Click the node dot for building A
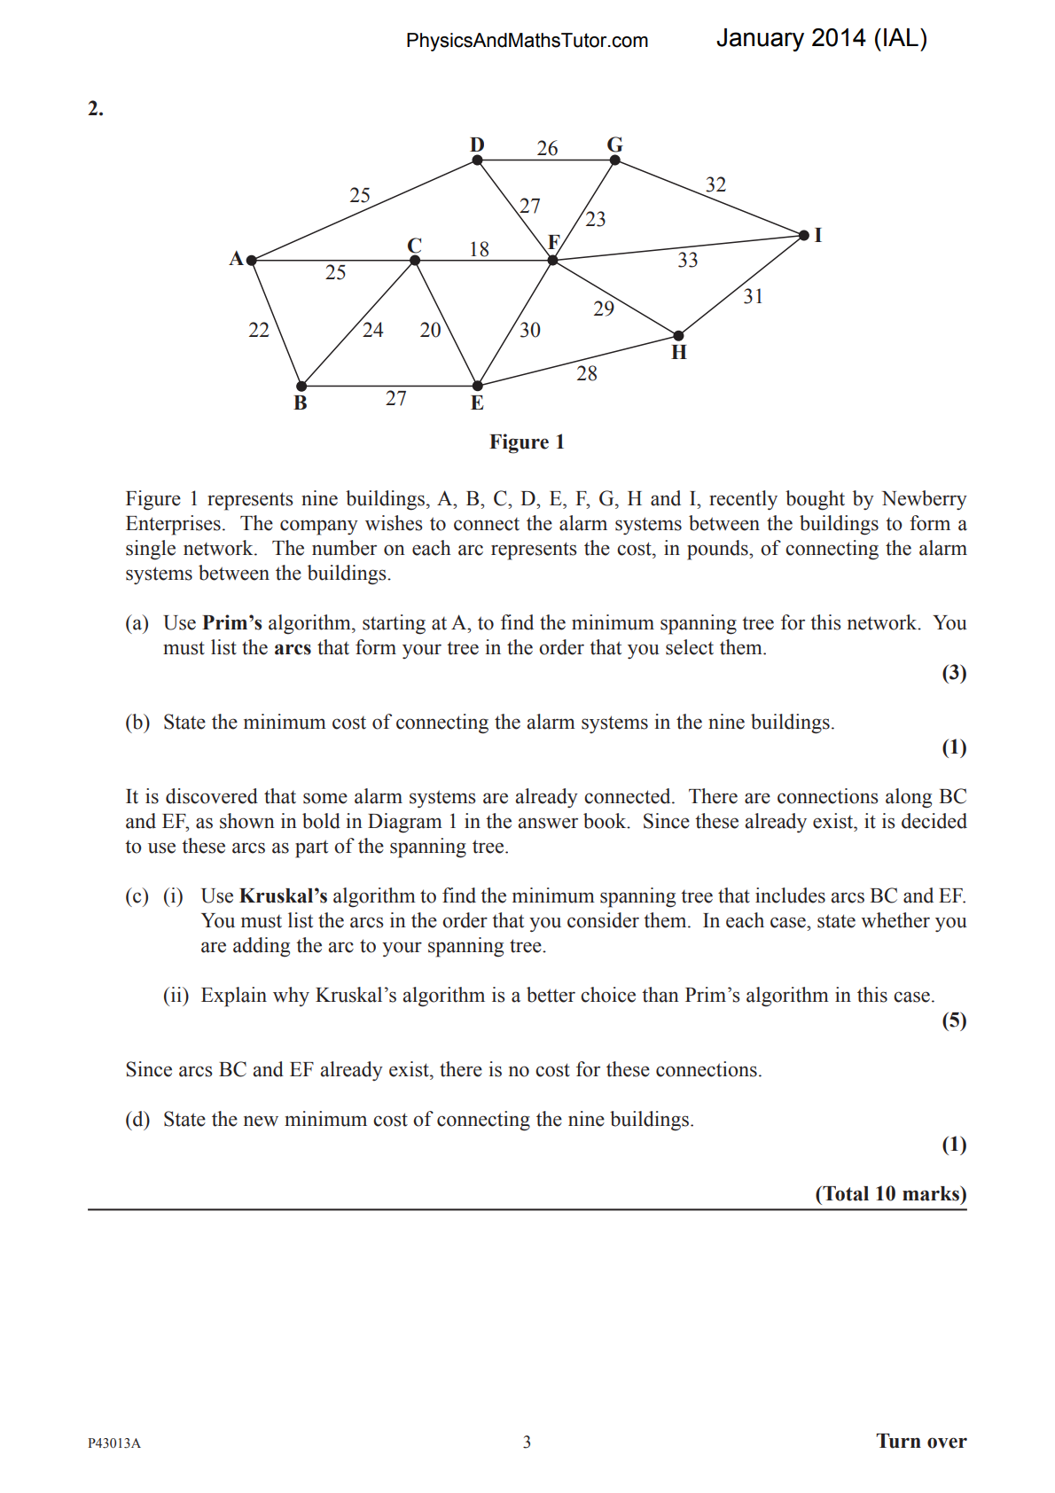click(252, 261)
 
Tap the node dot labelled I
click(804, 235)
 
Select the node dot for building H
click(678, 336)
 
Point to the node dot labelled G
click(615, 160)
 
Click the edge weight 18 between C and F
click(479, 249)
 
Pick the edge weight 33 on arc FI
click(688, 260)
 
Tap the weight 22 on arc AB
click(259, 330)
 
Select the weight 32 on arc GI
click(715, 184)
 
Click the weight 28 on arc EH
click(587, 373)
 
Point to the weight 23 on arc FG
click(596, 219)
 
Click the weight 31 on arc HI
click(753, 296)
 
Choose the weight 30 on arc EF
click(530, 330)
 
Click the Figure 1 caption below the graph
click(527, 442)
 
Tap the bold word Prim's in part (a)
click(232, 623)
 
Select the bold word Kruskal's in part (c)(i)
click(283, 896)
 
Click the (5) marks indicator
click(954, 1020)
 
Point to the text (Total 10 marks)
click(890, 1193)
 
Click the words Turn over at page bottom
click(921, 1441)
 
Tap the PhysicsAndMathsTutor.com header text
click(527, 41)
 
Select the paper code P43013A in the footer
click(114, 1442)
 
